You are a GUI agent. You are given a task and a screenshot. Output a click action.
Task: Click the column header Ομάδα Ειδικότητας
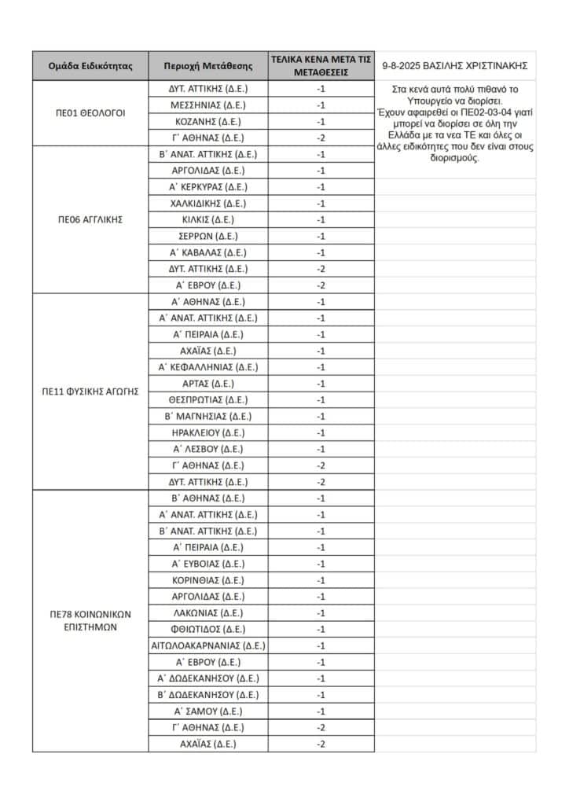point(90,65)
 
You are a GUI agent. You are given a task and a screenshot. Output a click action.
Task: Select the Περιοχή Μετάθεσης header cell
point(208,65)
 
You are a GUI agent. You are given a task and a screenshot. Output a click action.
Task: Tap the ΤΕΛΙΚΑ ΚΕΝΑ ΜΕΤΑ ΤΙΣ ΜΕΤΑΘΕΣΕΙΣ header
point(321,65)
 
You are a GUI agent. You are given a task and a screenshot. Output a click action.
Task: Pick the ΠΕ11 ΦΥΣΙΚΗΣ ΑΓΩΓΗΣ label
point(90,391)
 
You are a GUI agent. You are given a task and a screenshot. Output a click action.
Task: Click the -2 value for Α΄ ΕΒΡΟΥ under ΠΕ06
point(321,285)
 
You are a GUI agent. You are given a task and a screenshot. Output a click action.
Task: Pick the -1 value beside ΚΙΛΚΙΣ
point(321,219)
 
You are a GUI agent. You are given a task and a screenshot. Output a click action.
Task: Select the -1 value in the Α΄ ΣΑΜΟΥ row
point(321,711)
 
